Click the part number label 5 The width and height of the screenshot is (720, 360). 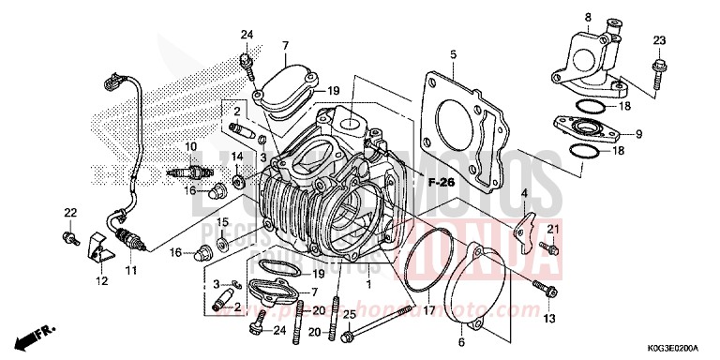452,53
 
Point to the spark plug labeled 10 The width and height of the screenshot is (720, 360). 185,173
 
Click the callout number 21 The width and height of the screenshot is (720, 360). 553,231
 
